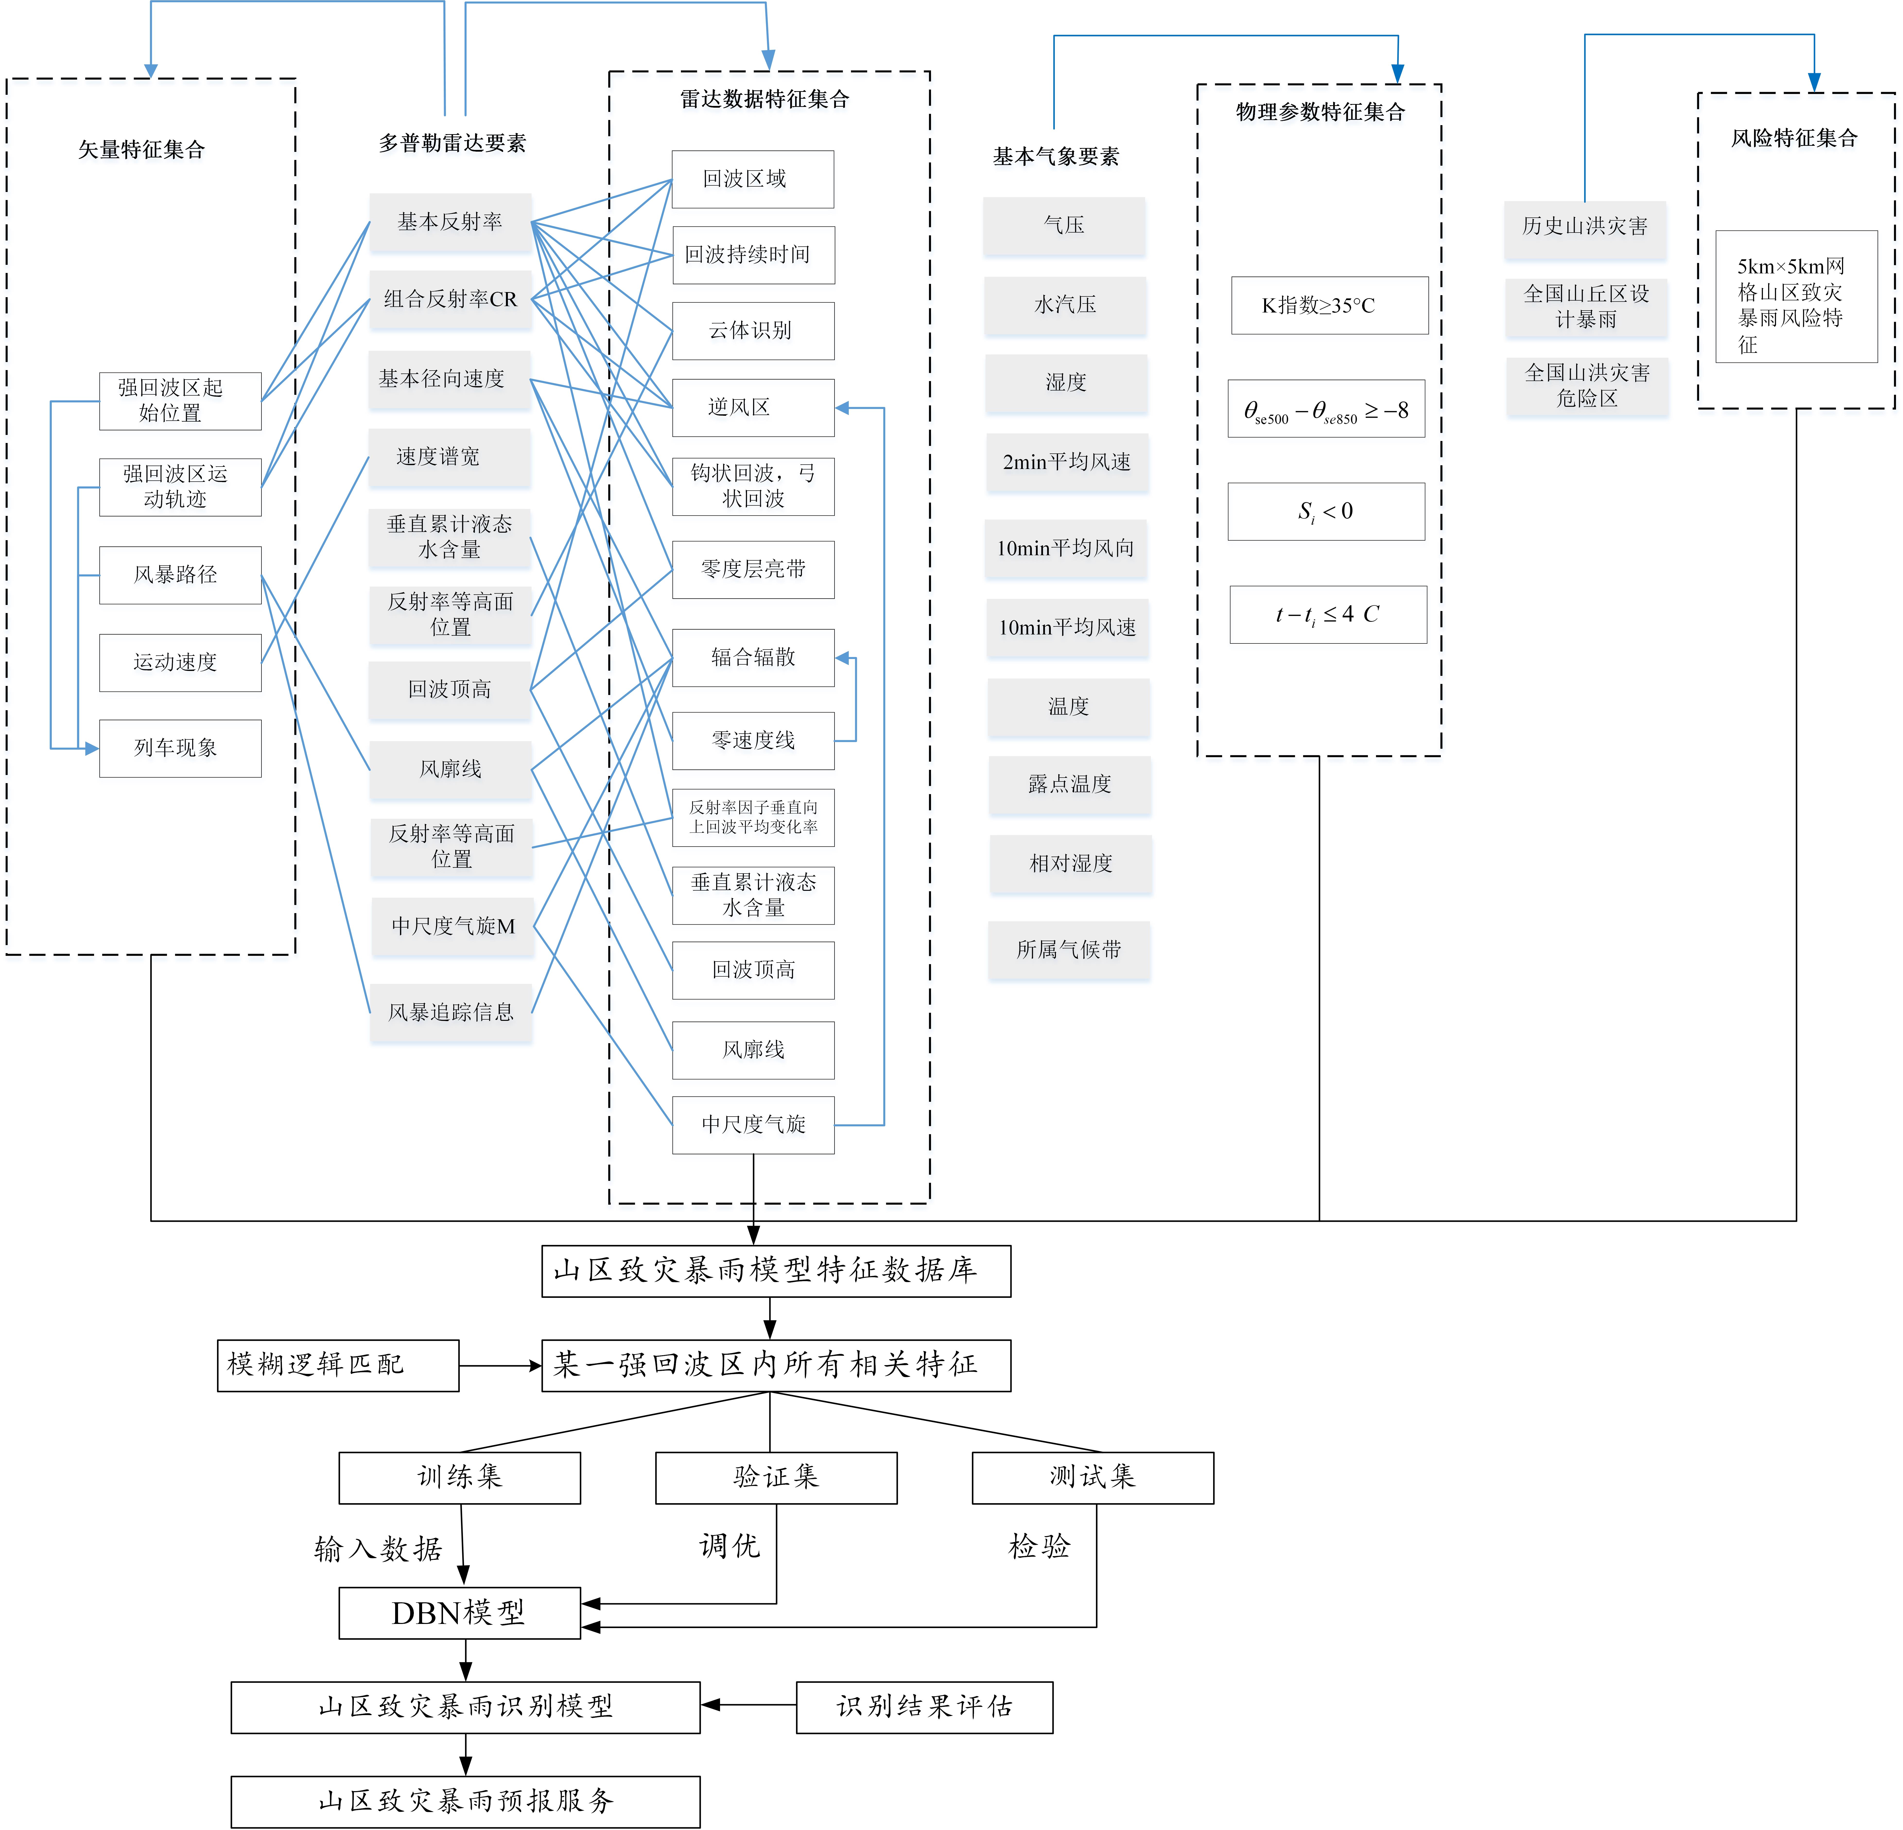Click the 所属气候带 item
pyautogui.click(x=1069, y=949)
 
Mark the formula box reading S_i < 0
pyautogui.click(x=1326, y=512)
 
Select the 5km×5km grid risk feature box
pyautogui.click(x=1796, y=297)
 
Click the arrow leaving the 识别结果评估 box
pyautogui.click(x=747, y=1705)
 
